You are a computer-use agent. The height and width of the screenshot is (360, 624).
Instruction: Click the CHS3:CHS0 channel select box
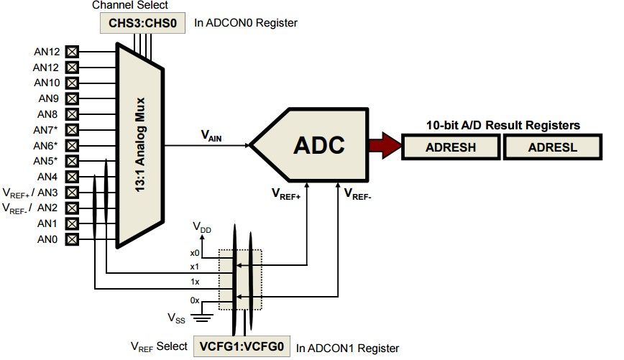pyautogui.click(x=142, y=22)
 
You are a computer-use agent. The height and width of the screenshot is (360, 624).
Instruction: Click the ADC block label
pyautogui.click(x=318, y=146)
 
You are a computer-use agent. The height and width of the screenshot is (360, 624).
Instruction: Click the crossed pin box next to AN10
pyautogui.click(x=72, y=83)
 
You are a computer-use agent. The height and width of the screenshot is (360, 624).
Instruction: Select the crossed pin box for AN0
pyautogui.click(x=72, y=239)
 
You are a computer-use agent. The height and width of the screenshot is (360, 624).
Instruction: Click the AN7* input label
pyautogui.click(x=46, y=129)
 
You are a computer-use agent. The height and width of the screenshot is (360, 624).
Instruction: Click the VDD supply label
pyautogui.click(x=203, y=227)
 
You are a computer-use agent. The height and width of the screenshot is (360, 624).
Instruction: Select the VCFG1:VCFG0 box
pyautogui.click(x=242, y=347)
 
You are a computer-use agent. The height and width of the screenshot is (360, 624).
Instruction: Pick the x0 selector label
pyautogui.click(x=194, y=252)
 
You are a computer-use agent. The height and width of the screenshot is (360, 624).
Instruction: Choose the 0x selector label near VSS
pyautogui.click(x=194, y=300)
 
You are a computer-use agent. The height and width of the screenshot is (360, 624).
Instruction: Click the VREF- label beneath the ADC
pyautogui.click(x=357, y=193)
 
